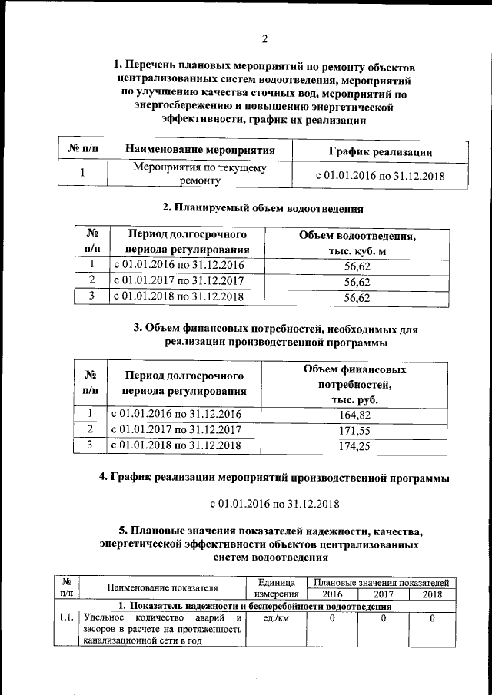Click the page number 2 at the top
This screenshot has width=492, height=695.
pyautogui.click(x=264, y=39)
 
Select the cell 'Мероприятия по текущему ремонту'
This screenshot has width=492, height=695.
pyautogui.click(x=200, y=174)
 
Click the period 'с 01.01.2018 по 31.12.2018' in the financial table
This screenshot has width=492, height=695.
pyautogui.click(x=177, y=445)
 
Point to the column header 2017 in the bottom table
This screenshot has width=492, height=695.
pyautogui.click(x=381, y=594)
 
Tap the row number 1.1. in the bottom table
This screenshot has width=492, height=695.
pyautogui.click(x=66, y=618)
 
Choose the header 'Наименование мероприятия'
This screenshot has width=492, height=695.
pyautogui.click(x=200, y=151)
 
